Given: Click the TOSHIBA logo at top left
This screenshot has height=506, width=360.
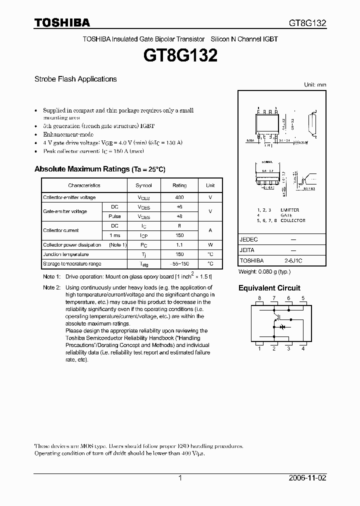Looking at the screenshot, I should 62,22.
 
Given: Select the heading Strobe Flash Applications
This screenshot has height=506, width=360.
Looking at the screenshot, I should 75,79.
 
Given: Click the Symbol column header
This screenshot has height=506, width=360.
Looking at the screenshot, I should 143,185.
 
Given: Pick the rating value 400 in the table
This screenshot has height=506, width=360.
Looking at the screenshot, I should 179,198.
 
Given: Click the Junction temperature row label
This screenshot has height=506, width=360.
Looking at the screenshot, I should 65,254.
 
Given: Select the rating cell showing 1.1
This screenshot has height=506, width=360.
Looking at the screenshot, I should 179,245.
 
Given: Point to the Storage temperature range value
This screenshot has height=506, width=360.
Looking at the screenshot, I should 179,263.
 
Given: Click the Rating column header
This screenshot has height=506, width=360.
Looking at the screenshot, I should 179,185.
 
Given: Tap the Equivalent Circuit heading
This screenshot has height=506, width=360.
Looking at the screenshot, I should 269,288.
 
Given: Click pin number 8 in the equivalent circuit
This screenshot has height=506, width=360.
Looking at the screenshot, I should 259,298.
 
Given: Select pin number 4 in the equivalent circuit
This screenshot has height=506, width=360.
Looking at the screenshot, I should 303,348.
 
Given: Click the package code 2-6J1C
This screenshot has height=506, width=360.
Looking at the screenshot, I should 293,260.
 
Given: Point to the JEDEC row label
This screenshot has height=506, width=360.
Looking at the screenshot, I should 249,239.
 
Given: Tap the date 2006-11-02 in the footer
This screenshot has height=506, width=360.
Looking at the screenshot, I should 307,478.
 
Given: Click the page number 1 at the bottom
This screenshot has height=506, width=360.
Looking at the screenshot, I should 180,478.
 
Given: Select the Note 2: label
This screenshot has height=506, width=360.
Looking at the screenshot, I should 51,287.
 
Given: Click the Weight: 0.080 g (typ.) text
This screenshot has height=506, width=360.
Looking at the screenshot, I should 264,272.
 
